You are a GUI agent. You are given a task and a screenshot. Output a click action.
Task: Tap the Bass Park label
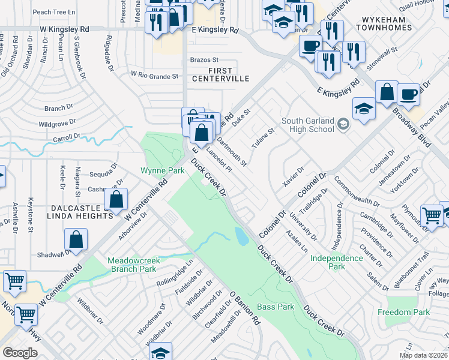[x=276, y=307]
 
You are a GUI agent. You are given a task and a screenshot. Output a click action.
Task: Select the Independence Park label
[x=336, y=262]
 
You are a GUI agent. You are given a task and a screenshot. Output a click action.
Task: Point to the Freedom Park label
[x=404, y=312]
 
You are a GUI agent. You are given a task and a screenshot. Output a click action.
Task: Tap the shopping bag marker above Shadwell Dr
[x=76, y=239]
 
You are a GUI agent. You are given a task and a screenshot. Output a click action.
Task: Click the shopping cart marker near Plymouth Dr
[x=432, y=215]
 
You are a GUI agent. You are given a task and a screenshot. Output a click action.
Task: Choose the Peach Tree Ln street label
[x=53, y=11]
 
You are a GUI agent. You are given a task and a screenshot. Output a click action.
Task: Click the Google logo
[x=20, y=353]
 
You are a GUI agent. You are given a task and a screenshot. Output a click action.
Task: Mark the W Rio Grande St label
[x=155, y=76]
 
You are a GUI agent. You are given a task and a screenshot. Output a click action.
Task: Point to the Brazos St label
[x=204, y=60]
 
